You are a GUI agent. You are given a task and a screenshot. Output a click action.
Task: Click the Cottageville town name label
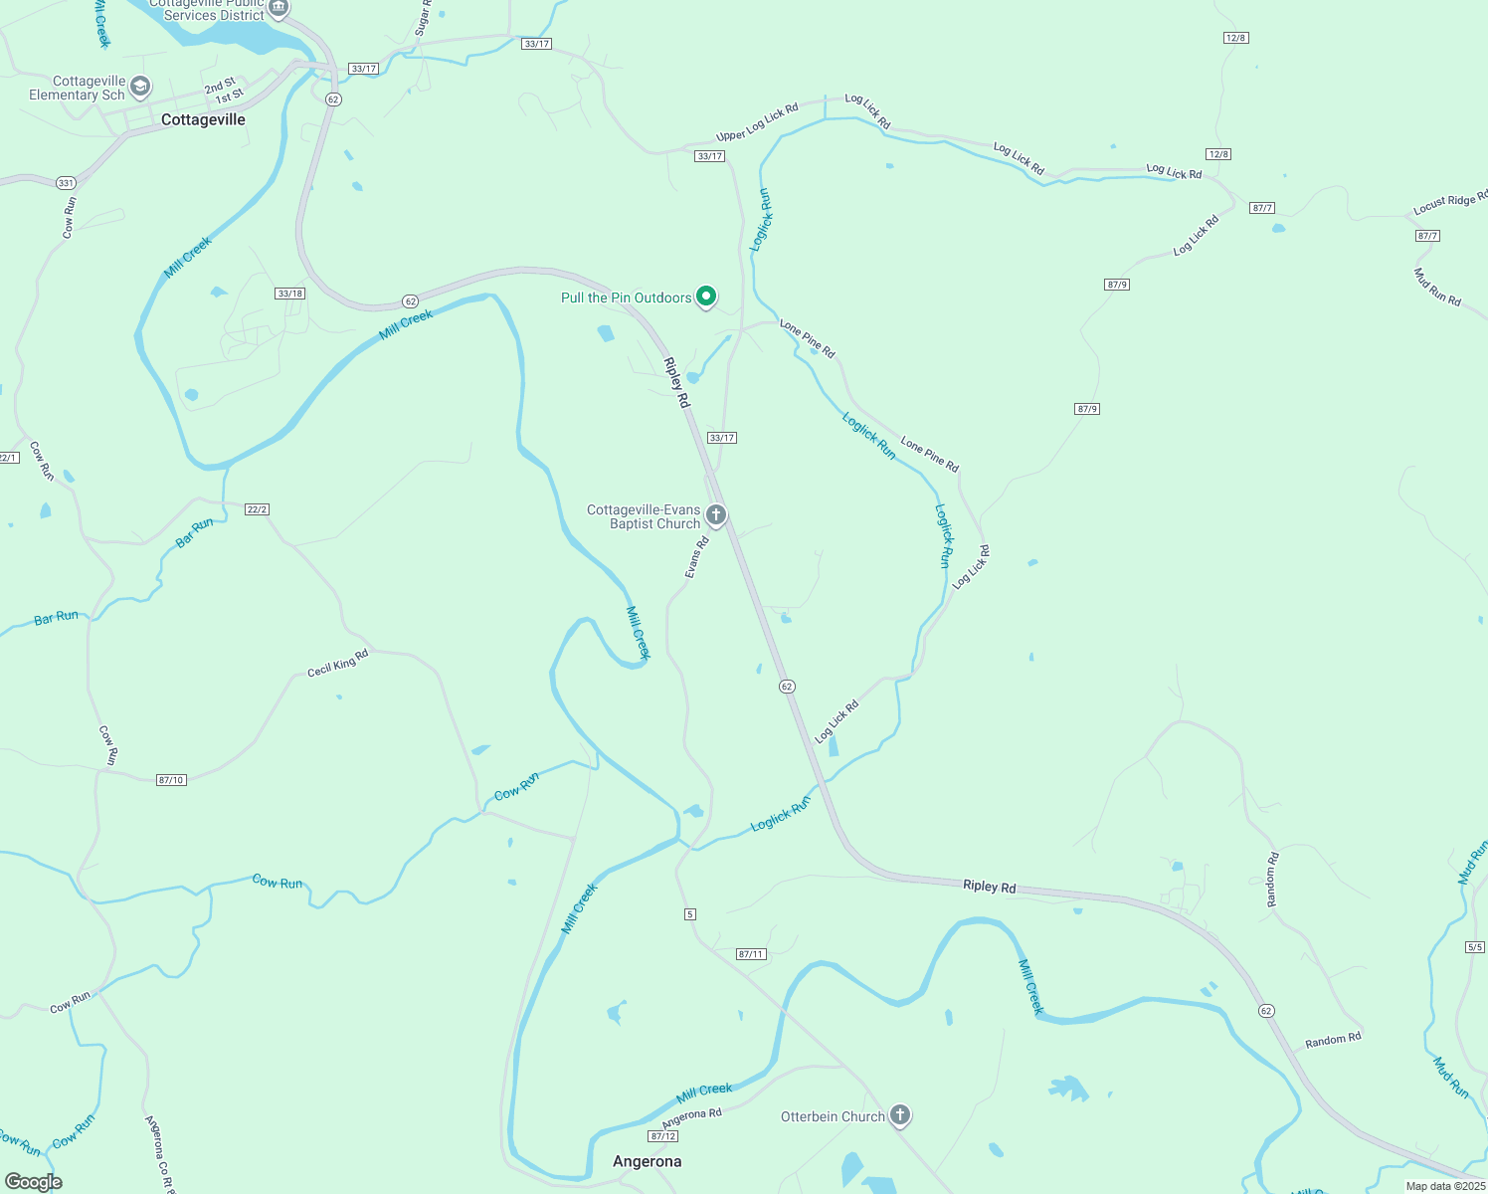pyautogui.click(x=203, y=119)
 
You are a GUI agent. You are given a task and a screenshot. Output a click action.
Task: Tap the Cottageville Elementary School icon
pyautogui.click(x=140, y=88)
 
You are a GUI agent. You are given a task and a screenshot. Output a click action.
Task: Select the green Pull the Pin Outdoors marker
pyautogui.click(x=706, y=297)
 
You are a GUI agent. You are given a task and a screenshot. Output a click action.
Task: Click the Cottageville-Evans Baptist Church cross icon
pyautogui.click(x=716, y=515)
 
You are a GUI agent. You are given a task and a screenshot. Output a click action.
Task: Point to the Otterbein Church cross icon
pyautogui.click(x=899, y=1115)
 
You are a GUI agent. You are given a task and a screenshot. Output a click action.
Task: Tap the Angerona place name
pyautogui.click(x=648, y=1161)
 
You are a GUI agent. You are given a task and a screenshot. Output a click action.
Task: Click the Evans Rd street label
pyautogui.click(x=696, y=557)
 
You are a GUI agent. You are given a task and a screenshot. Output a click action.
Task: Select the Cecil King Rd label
pyautogui.click(x=338, y=663)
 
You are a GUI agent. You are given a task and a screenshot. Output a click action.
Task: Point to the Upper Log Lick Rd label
pyautogui.click(x=757, y=122)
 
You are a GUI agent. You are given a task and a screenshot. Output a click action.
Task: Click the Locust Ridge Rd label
pyautogui.click(x=1450, y=203)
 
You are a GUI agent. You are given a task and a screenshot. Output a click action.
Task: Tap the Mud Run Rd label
pyautogui.click(x=1437, y=287)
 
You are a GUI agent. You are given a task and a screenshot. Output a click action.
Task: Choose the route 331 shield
pyautogui.click(x=66, y=183)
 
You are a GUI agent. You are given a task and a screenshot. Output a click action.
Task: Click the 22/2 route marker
pyautogui.click(x=257, y=509)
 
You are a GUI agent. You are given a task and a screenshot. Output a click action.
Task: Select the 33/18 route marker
pyautogui.click(x=290, y=294)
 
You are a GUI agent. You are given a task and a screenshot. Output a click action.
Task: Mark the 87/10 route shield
pyautogui.click(x=171, y=780)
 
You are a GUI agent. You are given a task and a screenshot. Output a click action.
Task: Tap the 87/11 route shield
pyautogui.click(x=751, y=954)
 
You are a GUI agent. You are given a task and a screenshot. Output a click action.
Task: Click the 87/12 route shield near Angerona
pyautogui.click(x=662, y=1136)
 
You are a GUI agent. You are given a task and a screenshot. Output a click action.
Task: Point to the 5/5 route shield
pyautogui.click(x=1475, y=947)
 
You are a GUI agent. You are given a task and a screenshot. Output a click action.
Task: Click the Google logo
pyautogui.click(x=34, y=1182)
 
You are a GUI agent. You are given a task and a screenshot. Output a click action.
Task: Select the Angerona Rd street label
pyautogui.click(x=692, y=1118)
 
